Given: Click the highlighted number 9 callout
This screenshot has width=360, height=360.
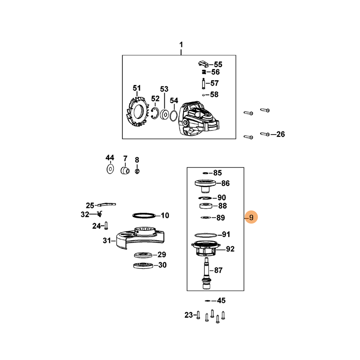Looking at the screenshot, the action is (251, 217).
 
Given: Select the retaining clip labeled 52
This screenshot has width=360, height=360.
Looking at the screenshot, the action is (155, 113).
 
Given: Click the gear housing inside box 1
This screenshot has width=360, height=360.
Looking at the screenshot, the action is (199, 119).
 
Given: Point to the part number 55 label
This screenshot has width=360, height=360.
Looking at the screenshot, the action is (218, 64).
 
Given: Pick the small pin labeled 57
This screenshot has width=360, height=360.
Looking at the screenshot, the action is (203, 83).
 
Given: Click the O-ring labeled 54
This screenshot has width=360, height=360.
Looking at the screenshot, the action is (174, 116).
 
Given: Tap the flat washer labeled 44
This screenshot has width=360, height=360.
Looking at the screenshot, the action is (110, 169).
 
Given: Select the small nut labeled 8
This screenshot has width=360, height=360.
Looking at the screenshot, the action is (137, 171).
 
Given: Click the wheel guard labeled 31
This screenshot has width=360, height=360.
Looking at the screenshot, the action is (140, 238).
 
